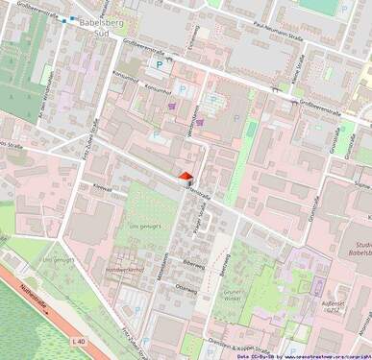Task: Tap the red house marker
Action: pyautogui.click(x=186, y=175)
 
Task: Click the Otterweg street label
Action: pyautogui.click(x=186, y=285)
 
